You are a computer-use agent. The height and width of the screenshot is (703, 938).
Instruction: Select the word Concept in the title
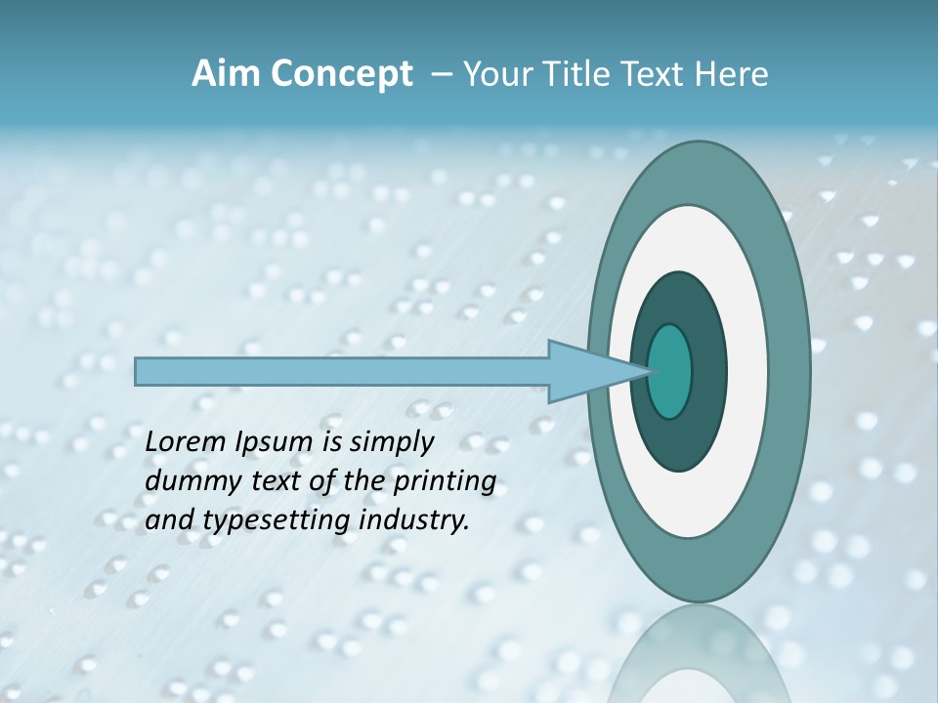coord(341,74)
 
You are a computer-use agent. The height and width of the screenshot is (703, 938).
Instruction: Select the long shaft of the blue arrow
coord(342,371)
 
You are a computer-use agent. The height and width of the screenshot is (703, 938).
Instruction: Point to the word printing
coord(444,482)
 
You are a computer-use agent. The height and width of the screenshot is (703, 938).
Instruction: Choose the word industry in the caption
coord(414,521)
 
